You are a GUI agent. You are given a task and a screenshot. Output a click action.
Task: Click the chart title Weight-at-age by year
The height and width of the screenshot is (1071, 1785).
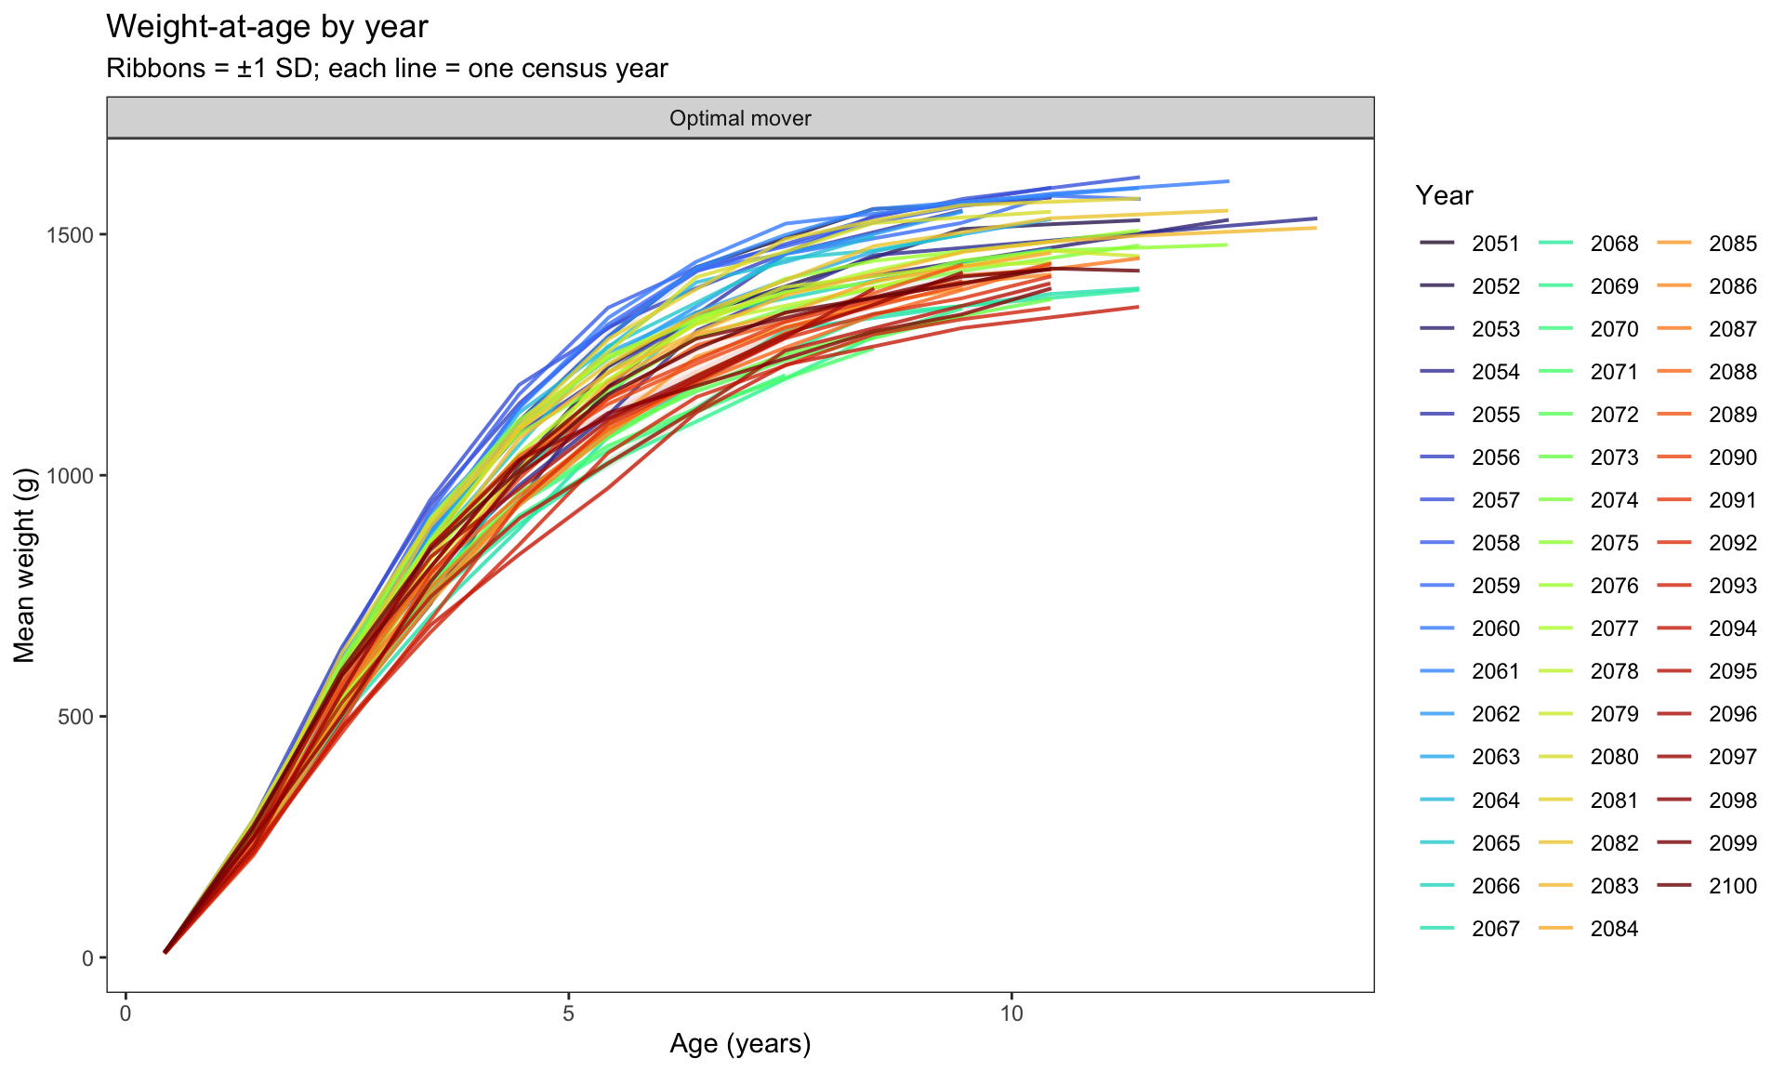267,27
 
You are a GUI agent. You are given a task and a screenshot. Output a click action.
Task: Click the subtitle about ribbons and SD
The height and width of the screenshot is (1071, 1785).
387,69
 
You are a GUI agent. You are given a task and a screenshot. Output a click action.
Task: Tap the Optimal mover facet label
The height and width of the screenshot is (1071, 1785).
740,118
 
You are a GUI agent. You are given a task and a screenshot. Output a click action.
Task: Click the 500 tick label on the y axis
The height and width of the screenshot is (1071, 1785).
77,717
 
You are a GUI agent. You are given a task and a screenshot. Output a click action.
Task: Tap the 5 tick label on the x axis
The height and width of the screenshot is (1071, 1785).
568,1012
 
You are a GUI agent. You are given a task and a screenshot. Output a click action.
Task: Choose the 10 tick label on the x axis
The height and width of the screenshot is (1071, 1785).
1011,1012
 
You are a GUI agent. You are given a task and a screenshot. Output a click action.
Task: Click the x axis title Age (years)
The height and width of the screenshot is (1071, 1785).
740,1044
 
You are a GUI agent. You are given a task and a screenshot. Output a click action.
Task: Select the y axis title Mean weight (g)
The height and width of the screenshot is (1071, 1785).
25,565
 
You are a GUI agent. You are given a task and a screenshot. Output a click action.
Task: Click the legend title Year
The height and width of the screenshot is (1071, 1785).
1444,195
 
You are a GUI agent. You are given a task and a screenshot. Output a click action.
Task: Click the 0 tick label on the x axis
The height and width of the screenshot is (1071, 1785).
126,1012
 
